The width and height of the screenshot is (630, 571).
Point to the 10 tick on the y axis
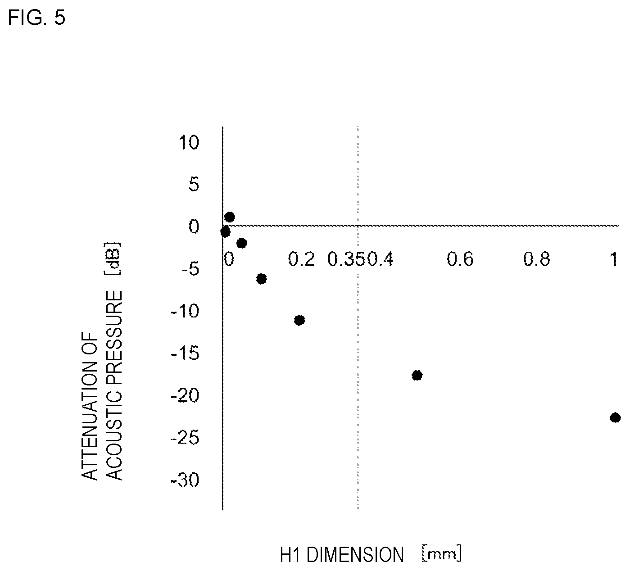point(189,142)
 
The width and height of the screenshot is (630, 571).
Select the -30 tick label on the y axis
point(185,480)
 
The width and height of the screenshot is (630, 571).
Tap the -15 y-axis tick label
point(185,353)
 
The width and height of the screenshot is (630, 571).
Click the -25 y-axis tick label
point(185,438)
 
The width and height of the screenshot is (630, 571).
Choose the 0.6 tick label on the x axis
point(460,259)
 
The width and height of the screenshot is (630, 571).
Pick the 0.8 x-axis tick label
point(537,259)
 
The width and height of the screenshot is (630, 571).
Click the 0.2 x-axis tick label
point(301,259)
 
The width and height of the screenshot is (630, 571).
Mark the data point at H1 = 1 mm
point(615,417)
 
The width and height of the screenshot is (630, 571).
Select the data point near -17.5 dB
point(417,375)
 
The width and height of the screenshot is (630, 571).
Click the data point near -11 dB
point(299,320)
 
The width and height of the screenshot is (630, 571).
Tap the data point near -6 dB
point(261,279)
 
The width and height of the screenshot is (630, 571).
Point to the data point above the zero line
point(230,217)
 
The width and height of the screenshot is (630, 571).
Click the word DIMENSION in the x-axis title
point(355,555)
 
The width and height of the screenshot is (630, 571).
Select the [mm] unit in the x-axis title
point(442,553)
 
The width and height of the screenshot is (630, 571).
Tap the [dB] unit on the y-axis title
point(113,258)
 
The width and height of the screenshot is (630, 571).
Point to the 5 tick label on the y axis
point(194,184)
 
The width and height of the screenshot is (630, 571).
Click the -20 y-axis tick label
point(185,396)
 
